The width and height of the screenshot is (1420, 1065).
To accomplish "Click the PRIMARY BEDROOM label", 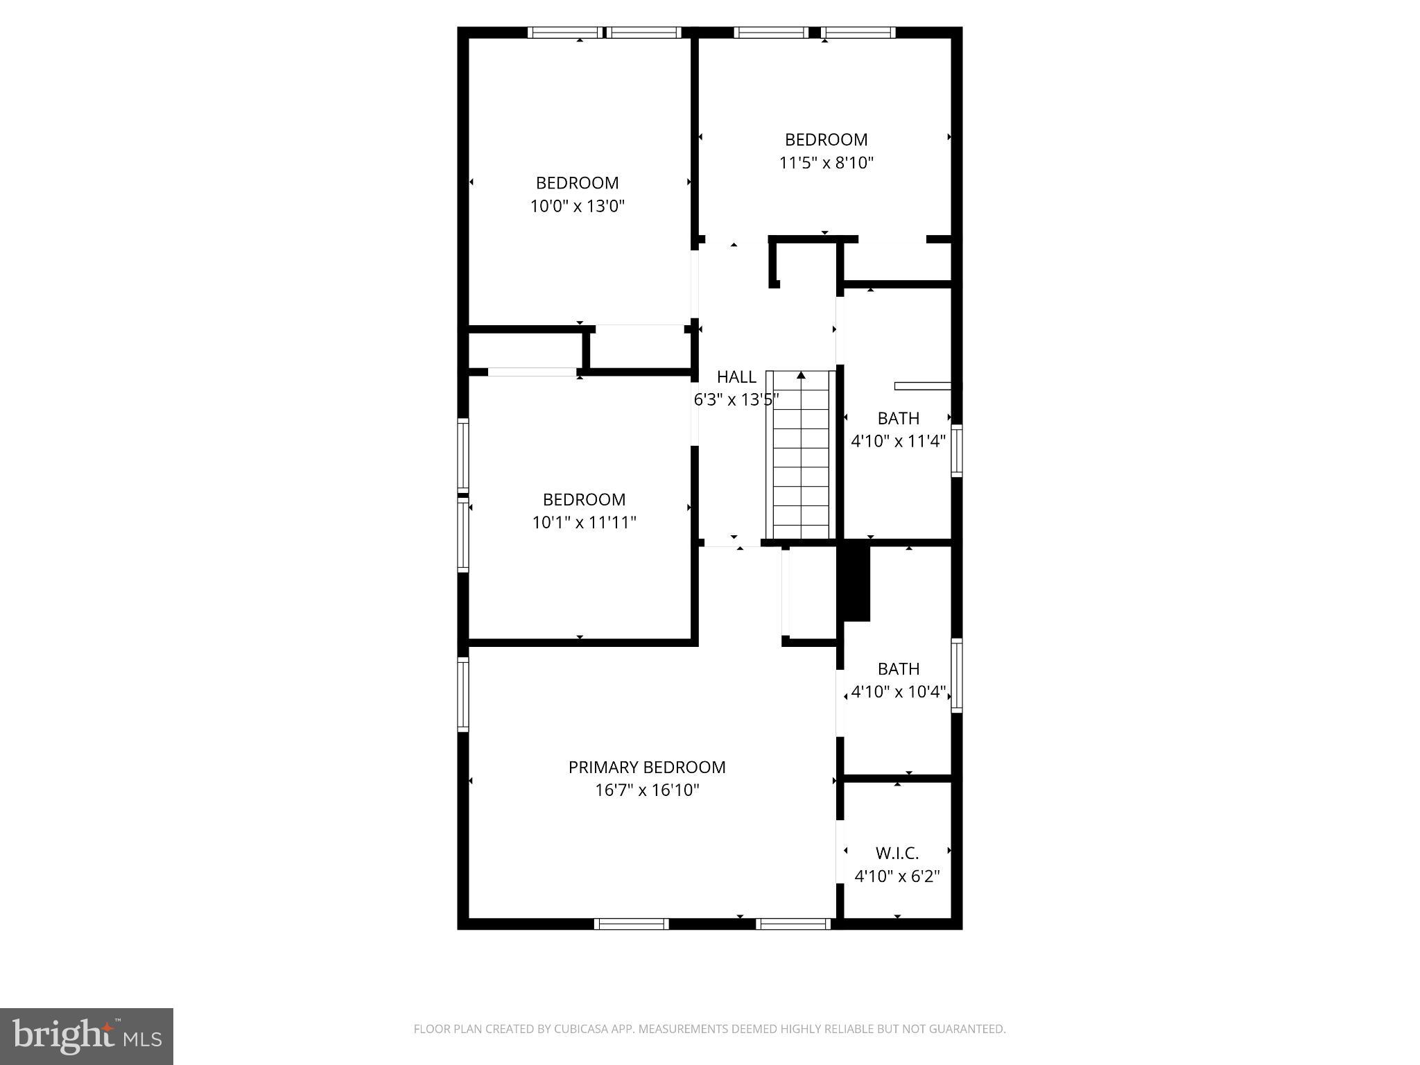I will pyautogui.click(x=646, y=767).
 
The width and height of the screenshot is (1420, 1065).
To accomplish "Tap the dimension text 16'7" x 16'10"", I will pyautogui.click(x=646, y=790).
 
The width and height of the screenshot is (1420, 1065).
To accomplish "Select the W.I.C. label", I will pyautogui.click(x=897, y=854).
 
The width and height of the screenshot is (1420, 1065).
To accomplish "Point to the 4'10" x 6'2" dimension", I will pyautogui.click(x=897, y=876).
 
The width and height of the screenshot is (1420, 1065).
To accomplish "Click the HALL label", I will pyautogui.click(x=736, y=377).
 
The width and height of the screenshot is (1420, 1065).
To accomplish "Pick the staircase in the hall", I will pyautogui.click(x=801, y=458).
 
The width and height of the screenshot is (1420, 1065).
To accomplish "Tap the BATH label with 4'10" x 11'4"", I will pyautogui.click(x=898, y=418).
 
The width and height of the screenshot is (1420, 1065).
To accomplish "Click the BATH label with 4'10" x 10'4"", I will pyautogui.click(x=898, y=669).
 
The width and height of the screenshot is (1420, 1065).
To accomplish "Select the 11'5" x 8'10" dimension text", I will pyautogui.click(x=826, y=163).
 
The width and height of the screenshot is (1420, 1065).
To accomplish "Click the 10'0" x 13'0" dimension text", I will pyautogui.click(x=577, y=206).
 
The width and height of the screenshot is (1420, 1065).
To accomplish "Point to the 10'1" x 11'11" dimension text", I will pyautogui.click(x=584, y=523).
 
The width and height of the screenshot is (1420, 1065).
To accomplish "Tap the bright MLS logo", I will pyautogui.click(x=86, y=1037).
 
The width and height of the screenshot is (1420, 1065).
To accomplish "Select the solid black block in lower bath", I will pyautogui.click(x=856, y=583).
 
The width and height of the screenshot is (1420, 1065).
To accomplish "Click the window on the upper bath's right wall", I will pyautogui.click(x=956, y=451).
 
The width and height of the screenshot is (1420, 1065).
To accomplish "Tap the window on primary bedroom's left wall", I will pyautogui.click(x=462, y=694).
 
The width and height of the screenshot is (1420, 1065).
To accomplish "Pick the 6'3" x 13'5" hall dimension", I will pyautogui.click(x=736, y=400).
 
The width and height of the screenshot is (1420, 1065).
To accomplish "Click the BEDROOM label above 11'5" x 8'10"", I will pyautogui.click(x=826, y=140).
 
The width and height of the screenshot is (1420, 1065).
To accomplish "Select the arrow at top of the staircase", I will pyautogui.click(x=801, y=376).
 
